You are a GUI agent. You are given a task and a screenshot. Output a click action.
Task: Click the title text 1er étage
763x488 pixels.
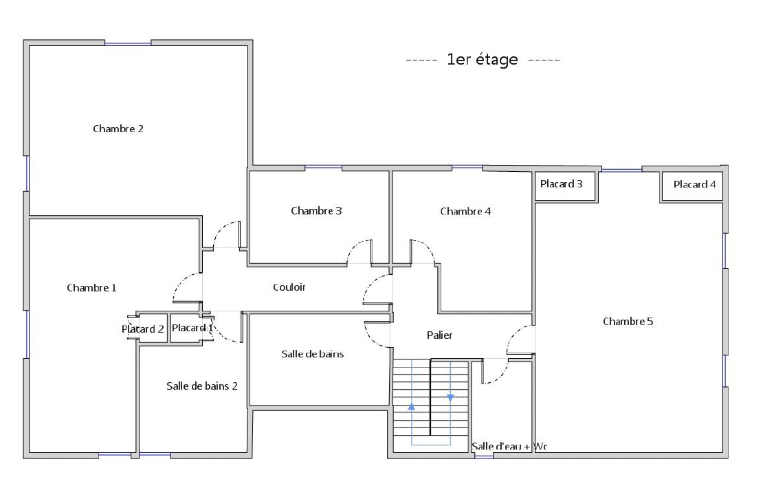483,59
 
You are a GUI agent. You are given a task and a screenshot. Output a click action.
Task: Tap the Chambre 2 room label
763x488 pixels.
118,129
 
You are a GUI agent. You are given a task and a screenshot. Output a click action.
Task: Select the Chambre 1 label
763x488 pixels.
91,287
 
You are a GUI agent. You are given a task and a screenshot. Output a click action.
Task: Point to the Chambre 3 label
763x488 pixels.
316,211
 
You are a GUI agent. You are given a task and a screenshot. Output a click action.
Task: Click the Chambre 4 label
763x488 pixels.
465,211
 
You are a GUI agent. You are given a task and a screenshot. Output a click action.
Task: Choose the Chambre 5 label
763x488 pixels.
628,321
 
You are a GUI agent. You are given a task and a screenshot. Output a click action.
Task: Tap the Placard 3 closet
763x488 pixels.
566,186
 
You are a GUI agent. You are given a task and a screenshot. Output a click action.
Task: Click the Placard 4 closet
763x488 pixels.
692,186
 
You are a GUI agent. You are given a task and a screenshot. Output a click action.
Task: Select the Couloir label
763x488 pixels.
289,287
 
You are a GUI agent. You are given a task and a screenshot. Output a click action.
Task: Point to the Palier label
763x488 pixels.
439,335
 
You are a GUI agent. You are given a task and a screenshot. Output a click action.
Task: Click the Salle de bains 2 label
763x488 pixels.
202,386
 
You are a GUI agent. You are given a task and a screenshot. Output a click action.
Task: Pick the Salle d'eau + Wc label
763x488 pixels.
509,446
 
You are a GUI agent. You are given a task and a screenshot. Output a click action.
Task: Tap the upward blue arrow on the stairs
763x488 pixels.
412,406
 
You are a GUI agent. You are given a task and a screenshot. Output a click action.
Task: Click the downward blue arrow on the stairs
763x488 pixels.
450,397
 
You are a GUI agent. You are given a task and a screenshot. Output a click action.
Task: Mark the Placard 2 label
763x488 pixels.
142,329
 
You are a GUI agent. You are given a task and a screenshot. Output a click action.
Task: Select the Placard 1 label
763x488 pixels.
192,328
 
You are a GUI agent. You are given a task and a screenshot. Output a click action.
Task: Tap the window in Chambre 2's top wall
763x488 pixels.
128,44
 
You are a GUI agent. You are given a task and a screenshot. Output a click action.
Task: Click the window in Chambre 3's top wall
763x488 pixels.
324,168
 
